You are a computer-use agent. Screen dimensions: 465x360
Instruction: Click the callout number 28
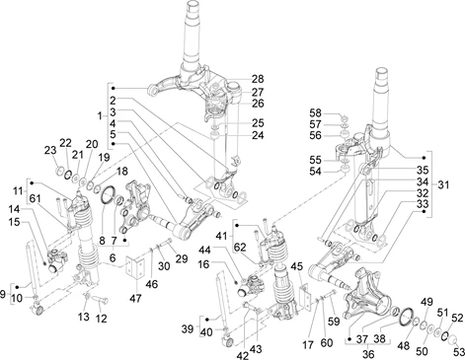[x=258, y=79]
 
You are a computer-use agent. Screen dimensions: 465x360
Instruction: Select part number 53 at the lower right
[x=459, y=352]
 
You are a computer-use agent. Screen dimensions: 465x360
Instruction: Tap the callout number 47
[x=135, y=298]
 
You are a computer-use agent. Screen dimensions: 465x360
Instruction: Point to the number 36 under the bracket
[x=368, y=354]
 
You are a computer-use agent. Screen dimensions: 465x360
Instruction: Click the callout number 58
[x=315, y=113]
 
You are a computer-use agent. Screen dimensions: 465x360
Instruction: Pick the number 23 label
[x=50, y=151]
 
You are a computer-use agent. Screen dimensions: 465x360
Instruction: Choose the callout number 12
[x=102, y=319]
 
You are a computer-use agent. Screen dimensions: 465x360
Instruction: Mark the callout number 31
[x=443, y=185]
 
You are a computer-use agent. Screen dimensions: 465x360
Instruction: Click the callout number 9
[x=3, y=294]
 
